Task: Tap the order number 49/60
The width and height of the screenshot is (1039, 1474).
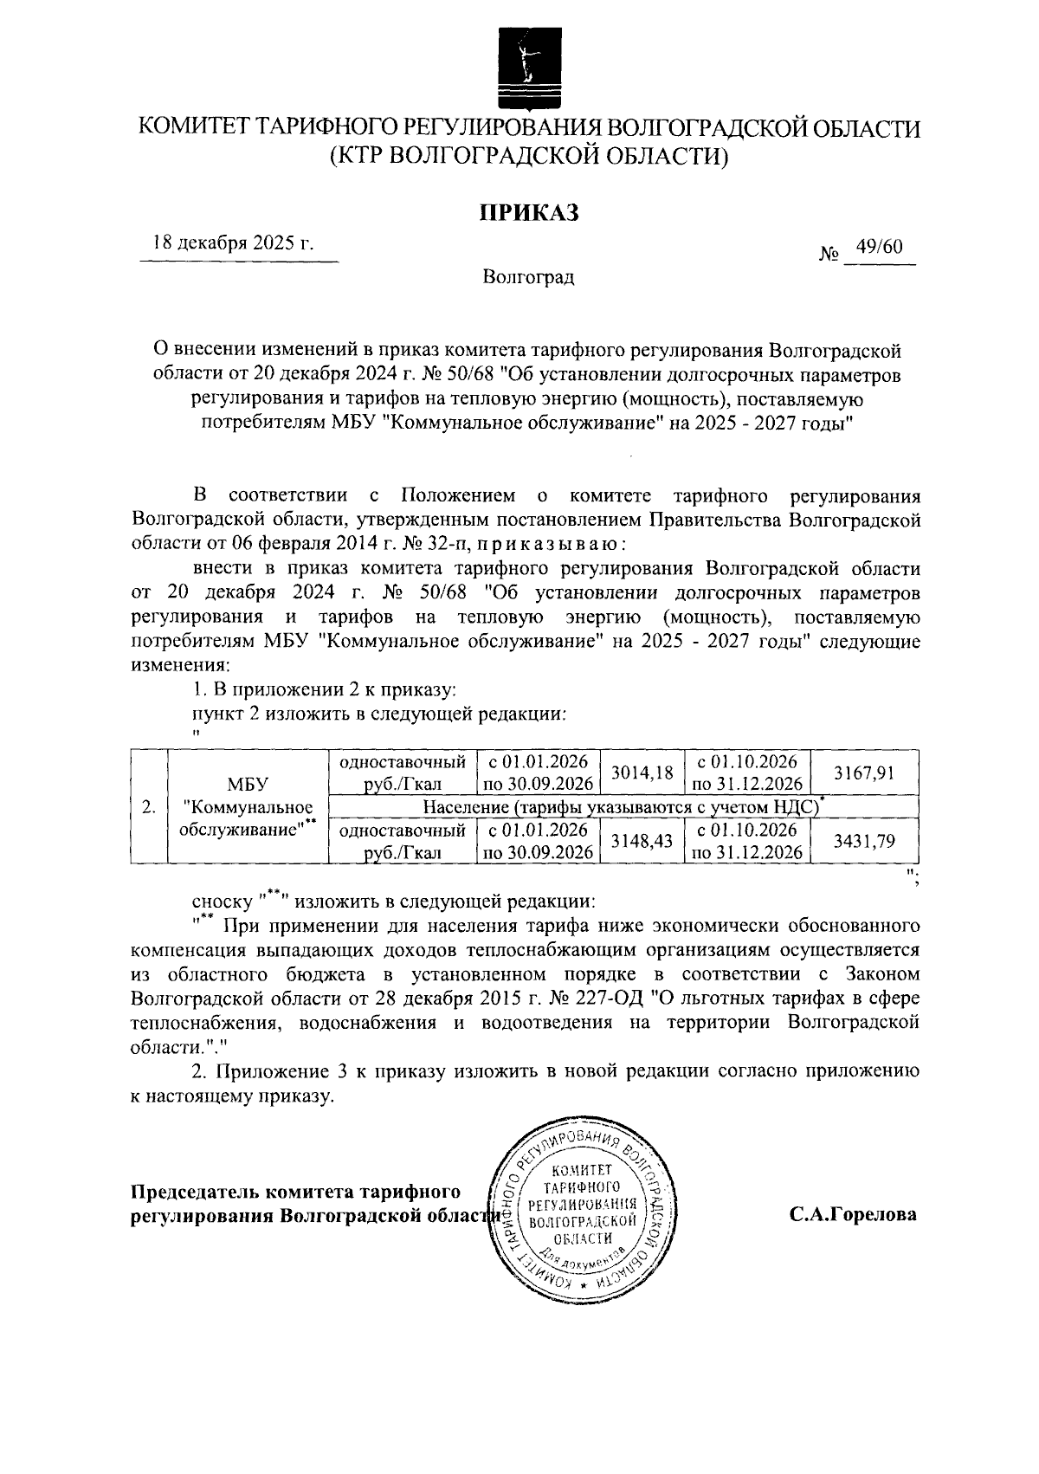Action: point(879,247)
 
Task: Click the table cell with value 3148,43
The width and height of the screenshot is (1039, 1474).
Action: point(642,840)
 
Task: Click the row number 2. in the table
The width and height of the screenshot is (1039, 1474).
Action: point(149,807)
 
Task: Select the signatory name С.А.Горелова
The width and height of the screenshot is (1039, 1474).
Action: point(852,1214)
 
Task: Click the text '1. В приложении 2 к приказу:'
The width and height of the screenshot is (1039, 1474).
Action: point(322,691)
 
